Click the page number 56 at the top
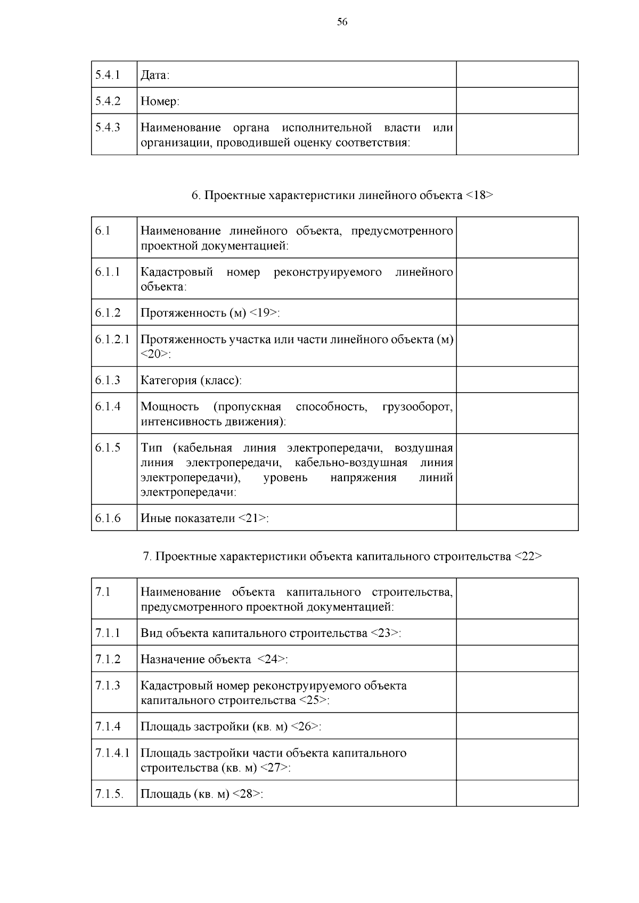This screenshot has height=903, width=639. click(342, 21)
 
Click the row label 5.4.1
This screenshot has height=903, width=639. click(108, 75)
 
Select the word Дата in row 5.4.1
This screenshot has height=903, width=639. click(153, 76)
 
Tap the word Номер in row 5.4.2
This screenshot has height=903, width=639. click(159, 101)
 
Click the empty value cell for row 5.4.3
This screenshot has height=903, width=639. click(517, 135)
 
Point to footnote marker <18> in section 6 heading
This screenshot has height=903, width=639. click(479, 195)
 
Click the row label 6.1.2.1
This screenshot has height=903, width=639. click(112, 339)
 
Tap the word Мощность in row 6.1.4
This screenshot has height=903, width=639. click(169, 407)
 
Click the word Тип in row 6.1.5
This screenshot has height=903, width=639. click(151, 448)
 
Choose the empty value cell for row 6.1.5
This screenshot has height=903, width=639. click(517, 469)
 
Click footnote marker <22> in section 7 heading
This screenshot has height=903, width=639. click(528, 557)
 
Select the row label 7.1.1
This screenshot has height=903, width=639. click(108, 633)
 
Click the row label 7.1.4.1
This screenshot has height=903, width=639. click(112, 753)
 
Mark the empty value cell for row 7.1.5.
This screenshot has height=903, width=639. click(517, 794)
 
